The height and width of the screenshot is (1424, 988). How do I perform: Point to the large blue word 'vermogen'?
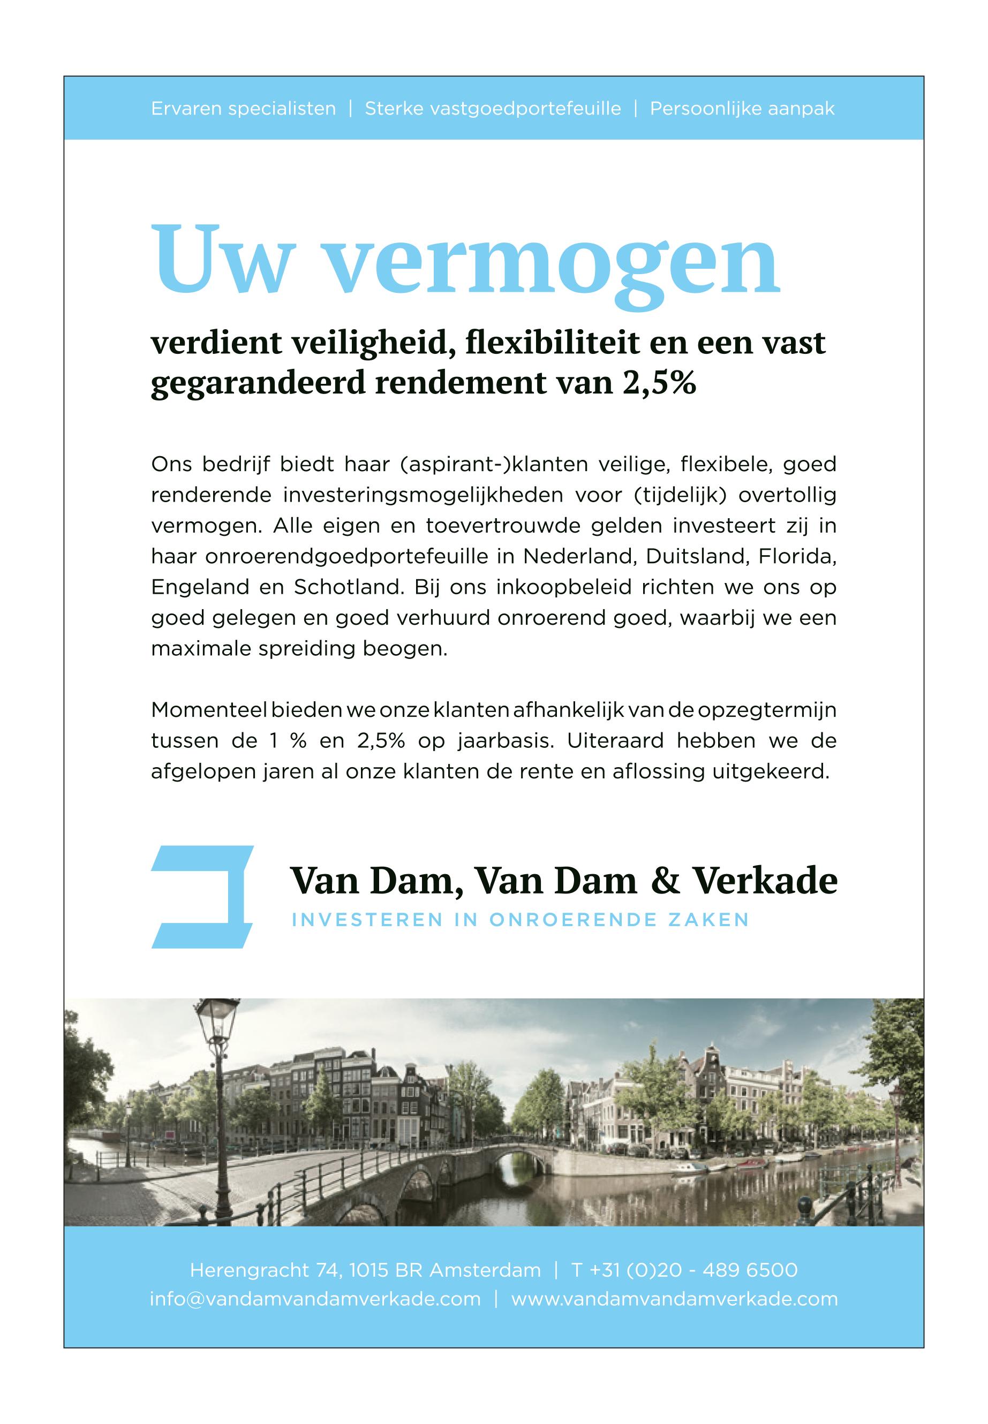tap(551, 266)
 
